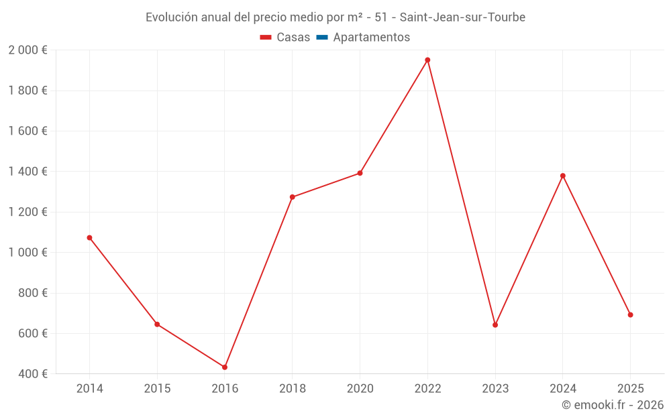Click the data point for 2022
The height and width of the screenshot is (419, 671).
427,60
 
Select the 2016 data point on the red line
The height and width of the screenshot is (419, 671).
225,367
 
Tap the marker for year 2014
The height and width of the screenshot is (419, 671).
89,237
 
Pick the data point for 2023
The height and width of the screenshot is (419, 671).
495,325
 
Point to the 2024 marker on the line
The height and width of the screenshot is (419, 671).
563,176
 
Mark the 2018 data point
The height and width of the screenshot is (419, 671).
292,197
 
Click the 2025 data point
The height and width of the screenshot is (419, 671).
630,315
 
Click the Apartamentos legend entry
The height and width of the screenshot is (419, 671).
371,38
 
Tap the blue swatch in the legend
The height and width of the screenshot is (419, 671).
321,38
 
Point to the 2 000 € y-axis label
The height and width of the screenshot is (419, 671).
28,50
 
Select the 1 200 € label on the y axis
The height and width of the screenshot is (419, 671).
28,212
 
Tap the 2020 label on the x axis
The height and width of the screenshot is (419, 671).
360,388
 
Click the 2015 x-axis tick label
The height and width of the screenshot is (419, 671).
157,388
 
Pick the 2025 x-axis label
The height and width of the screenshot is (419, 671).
630,388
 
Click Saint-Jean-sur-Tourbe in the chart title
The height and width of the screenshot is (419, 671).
462,17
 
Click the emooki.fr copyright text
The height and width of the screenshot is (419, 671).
613,405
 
